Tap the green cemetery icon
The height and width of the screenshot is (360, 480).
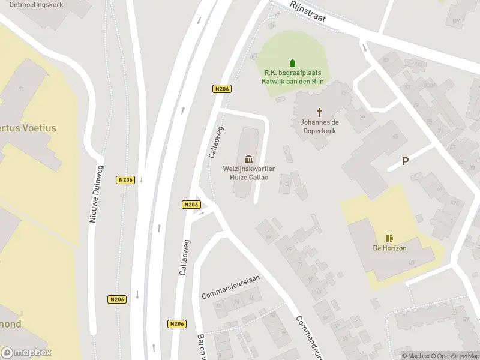pyautogui.click(x=292, y=63)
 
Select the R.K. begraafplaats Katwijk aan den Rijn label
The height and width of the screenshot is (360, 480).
pyautogui.click(x=292, y=77)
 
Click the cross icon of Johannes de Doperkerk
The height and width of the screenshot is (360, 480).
pyautogui.click(x=320, y=112)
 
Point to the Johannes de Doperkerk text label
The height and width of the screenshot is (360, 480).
pyautogui.click(x=320, y=126)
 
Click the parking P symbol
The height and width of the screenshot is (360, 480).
pyautogui.click(x=406, y=161)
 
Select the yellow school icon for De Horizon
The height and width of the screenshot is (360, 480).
pyautogui.click(x=389, y=238)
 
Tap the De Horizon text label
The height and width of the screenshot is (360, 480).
pyautogui.click(x=389, y=248)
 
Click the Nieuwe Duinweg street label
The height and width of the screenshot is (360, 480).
pyautogui.click(x=97, y=194)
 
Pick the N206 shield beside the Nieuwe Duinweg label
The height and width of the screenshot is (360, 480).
pyautogui.click(x=125, y=179)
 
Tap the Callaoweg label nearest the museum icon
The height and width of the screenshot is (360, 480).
pyautogui.click(x=216, y=142)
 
